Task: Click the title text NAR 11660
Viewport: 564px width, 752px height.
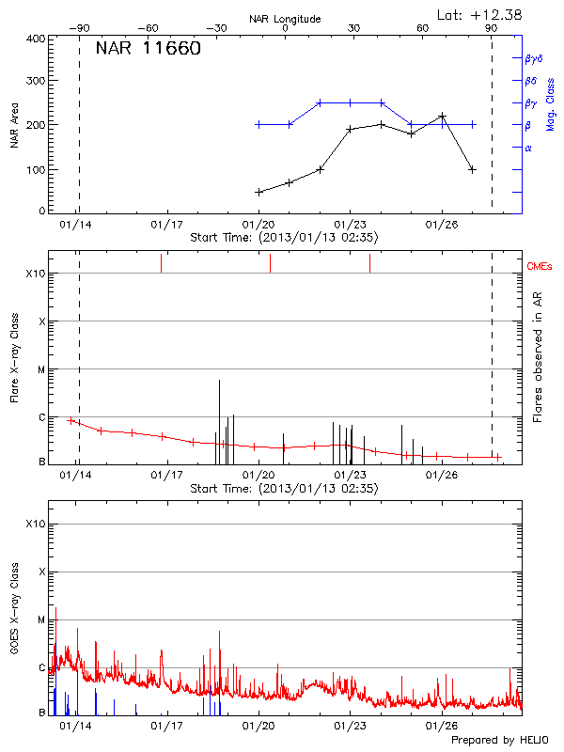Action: pyautogui.click(x=148, y=50)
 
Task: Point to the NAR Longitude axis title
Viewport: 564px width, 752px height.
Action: pyautogui.click(x=285, y=19)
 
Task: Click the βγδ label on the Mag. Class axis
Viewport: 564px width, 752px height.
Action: pyautogui.click(x=533, y=58)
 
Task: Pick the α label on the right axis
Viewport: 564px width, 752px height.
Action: pyautogui.click(x=528, y=149)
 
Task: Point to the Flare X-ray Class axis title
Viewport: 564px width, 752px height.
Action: pyautogui.click(x=15, y=358)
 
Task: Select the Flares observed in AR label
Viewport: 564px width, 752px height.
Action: pyautogui.click(x=538, y=358)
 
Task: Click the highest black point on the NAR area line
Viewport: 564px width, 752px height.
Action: pyautogui.click(x=442, y=116)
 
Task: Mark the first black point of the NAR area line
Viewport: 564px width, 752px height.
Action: pyautogui.click(x=258, y=192)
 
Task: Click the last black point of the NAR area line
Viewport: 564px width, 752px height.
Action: pyautogui.click(x=472, y=170)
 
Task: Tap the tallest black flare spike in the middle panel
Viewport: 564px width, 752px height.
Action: pyautogui.click(x=219, y=381)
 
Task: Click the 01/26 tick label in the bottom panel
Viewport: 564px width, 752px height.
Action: pyautogui.click(x=441, y=726)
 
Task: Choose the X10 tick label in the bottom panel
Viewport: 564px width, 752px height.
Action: pyautogui.click(x=35, y=524)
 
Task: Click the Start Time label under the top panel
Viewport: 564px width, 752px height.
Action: pyautogui.click(x=284, y=238)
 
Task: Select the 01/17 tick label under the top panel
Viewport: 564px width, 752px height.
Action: pyautogui.click(x=167, y=225)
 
